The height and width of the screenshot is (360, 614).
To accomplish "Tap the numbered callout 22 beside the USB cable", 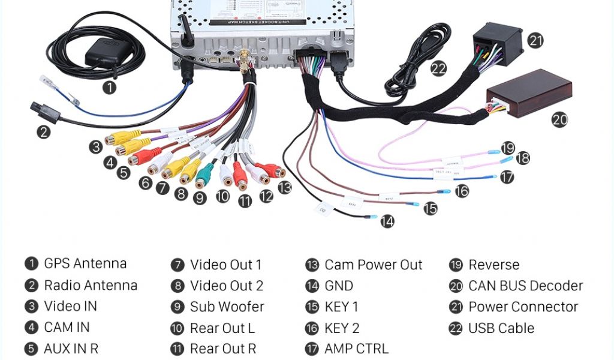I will pos(438,69).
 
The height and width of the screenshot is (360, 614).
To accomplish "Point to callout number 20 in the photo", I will pos(559,120).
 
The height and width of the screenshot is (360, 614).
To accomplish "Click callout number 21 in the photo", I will pos(535,40).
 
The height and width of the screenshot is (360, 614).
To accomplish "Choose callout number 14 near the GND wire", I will pos(388,221).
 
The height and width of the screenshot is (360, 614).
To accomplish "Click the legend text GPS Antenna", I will pos(85,263).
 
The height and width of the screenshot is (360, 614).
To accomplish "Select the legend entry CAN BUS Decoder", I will pos(525,286).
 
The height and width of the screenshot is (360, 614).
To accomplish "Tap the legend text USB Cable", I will pos(501,328).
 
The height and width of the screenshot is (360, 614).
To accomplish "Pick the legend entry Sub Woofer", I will pos(227,307).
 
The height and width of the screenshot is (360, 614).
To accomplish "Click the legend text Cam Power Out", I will pos(373,265).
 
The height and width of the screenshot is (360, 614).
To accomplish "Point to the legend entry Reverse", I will pos(493,265).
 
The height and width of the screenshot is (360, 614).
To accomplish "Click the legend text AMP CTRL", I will pos(356,349).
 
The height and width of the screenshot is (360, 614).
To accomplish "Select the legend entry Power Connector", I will pos(523,307).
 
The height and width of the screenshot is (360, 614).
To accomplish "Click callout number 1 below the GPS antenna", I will pos(109,87).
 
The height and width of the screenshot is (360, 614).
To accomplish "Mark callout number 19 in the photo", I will pos(508,148).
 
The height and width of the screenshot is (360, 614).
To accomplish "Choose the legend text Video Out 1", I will pos(225,265).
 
